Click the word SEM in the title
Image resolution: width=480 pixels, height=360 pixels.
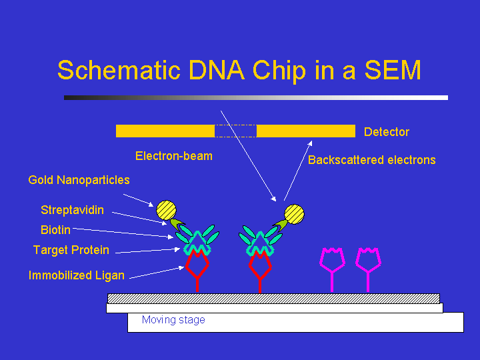point(392,70)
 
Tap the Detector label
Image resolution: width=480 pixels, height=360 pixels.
point(387,132)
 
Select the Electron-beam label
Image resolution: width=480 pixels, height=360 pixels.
point(174,156)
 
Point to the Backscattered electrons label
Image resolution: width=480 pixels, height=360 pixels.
point(371,160)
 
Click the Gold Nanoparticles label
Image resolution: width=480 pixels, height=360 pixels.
point(79,180)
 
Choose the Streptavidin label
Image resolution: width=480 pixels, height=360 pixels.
point(72,210)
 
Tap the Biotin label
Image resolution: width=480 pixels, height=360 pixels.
point(55,231)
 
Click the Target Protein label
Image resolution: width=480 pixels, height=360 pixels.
point(71,250)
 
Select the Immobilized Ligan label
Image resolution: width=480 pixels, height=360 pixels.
point(76,275)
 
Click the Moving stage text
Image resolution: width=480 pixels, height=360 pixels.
point(173,320)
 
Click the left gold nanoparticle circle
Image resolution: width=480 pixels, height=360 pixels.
point(166,211)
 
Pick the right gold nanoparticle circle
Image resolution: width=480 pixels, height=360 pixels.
point(294,214)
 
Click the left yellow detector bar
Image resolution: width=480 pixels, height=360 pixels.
point(165,131)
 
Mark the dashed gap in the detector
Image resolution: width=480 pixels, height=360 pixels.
point(235,131)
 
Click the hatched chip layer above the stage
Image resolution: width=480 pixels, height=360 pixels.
point(273,298)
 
